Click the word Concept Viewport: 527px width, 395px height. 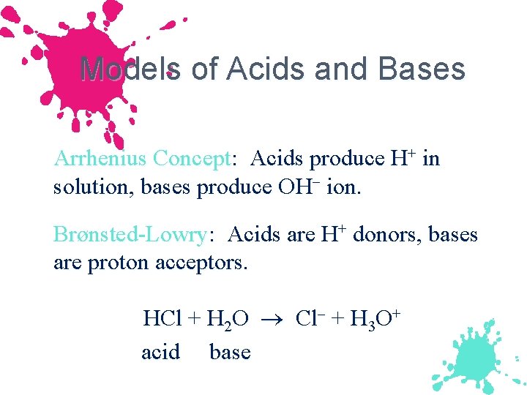pyautogui.click(x=193, y=159)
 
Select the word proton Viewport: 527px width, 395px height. pyautogui.click(x=119, y=262)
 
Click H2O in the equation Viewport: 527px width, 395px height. pyautogui.click(x=228, y=320)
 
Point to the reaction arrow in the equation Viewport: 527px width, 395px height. pyautogui.click(x=272, y=320)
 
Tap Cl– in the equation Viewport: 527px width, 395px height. pyautogui.click(x=310, y=319)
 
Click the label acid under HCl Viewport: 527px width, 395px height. pyautogui.click(x=160, y=352)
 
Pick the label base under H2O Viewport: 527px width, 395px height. pyautogui.click(x=230, y=352)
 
